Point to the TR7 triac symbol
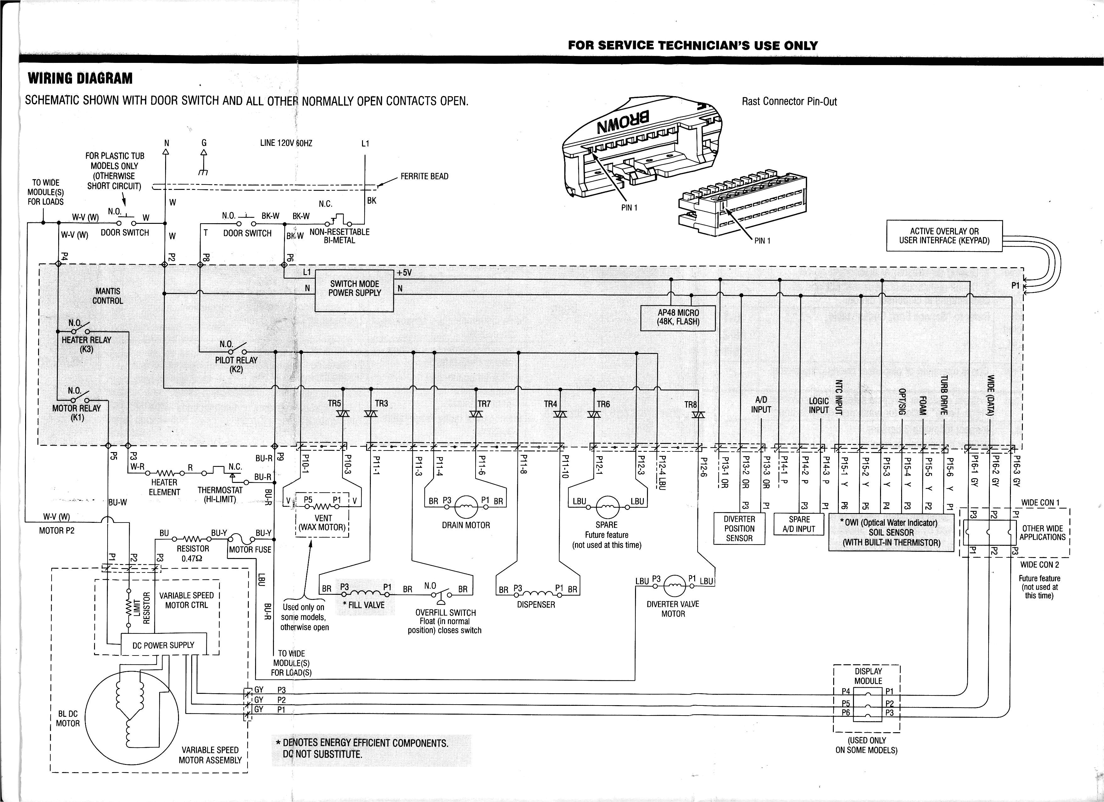point(476,414)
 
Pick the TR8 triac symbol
point(699,415)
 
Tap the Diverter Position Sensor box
point(739,528)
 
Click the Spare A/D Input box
point(799,524)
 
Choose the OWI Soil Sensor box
point(891,532)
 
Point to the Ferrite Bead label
point(424,176)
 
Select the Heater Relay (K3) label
point(86,344)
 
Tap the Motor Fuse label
point(250,550)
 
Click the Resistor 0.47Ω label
point(193,553)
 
